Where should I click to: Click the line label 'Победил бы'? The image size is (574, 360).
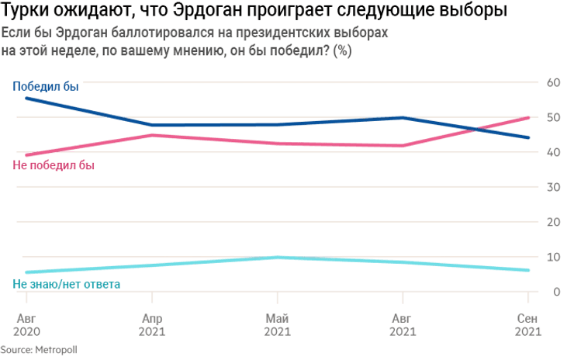tap(46, 86)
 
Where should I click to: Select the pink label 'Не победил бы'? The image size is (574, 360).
tap(54, 164)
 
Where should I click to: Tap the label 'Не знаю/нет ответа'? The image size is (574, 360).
tap(67, 285)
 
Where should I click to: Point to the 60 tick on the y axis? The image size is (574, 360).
tap(554, 82)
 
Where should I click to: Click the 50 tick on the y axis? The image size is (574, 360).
tap(554, 117)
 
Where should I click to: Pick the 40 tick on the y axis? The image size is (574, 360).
tap(554, 152)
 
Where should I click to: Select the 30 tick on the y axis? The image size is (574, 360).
tap(554, 187)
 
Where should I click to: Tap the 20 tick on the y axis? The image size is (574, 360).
tap(554, 222)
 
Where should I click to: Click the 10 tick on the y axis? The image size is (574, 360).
tap(554, 257)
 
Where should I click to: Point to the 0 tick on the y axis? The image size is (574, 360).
tap(557, 292)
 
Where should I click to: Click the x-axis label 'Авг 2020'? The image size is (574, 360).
tap(27, 325)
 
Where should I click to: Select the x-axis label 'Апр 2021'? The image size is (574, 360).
tap(152, 325)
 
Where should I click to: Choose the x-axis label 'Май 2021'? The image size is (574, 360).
tap(277, 325)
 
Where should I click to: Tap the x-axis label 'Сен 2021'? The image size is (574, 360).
tap(528, 325)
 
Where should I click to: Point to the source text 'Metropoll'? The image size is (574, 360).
tap(57, 350)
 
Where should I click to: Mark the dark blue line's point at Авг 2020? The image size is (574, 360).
tap(27, 98)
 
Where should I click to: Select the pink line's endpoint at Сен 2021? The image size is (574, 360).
tap(528, 117)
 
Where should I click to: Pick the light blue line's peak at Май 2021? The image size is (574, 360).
tap(277, 257)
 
